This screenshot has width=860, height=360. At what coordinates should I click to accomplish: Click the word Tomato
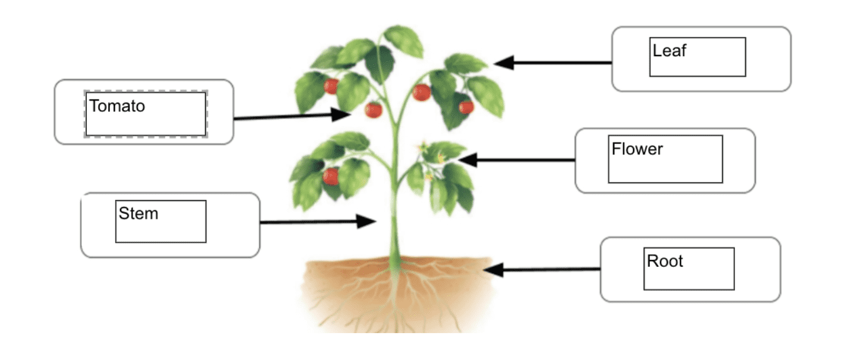[117, 106]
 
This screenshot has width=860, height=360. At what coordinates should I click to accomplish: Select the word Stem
[138, 214]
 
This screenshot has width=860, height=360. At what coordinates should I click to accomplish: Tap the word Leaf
[669, 51]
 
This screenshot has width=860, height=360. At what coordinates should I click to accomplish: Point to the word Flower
[637, 149]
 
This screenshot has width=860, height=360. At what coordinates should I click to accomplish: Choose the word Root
[665, 261]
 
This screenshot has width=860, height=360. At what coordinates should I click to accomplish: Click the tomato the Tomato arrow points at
[373, 110]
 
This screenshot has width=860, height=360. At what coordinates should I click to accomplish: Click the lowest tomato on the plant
[331, 176]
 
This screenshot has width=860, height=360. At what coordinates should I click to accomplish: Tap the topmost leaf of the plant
[403, 39]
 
